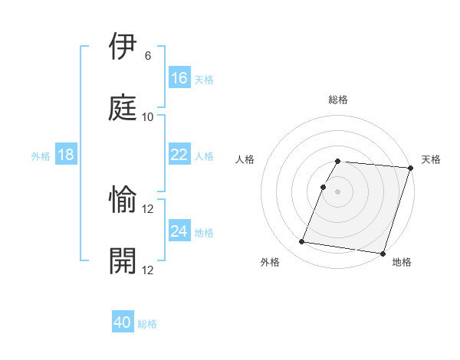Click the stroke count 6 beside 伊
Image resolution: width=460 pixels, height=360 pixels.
coord(148,57)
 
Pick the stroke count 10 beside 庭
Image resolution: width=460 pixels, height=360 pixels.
coord(148,116)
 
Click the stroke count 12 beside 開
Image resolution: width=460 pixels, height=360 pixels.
coord(148,269)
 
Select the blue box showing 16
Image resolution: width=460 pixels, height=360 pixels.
coord(179,78)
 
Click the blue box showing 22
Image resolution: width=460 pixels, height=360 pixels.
coord(179,155)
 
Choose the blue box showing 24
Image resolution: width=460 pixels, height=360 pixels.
coord(179,231)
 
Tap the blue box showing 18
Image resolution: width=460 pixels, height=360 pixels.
coord(66,155)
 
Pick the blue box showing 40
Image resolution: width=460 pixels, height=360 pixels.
coord(123,322)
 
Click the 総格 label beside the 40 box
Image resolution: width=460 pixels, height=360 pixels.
coord(147,324)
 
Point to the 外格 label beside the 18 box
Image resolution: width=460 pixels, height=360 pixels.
coord(41,156)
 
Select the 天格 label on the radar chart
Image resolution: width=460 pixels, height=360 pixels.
coord(432,159)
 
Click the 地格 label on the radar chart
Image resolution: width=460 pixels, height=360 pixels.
coord(402,262)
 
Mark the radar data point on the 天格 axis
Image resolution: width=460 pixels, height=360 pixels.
coord(410,168)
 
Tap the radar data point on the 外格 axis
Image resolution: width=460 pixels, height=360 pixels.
coord(302,242)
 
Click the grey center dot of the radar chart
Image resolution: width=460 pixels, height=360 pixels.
coord(338,191)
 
